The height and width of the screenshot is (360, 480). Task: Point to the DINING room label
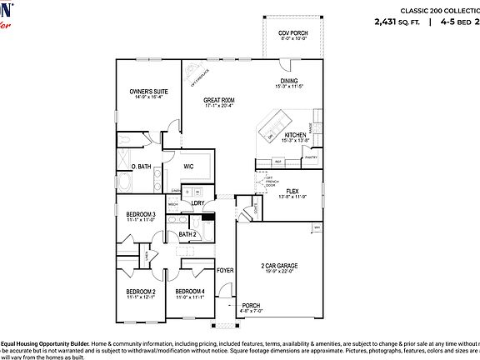290,81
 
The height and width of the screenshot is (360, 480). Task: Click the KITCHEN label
296,134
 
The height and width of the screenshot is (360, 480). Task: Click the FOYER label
225,271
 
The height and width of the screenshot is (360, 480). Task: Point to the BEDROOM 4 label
190,292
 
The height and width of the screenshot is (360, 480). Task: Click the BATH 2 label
187,234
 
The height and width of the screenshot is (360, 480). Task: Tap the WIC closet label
188,166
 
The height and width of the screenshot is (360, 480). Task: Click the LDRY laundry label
197,202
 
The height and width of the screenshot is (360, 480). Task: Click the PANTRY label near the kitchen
311,156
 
